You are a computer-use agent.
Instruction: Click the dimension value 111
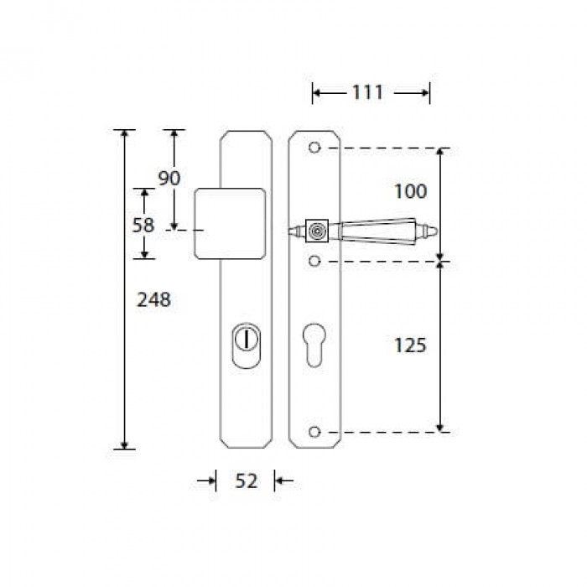click(367, 92)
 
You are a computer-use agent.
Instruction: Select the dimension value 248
click(153, 299)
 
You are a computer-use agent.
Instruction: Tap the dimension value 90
click(169, 178)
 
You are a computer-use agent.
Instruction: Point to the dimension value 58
click(143, 225)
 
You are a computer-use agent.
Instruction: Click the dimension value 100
click(410, 191)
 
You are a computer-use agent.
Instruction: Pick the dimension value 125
click(410, 345)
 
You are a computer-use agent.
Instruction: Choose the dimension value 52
click(246, 481)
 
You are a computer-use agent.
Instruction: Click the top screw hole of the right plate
click(314, 148)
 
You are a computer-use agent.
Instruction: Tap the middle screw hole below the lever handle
click(314, 261)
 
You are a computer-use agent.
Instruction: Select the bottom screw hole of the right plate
click(314, 432)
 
